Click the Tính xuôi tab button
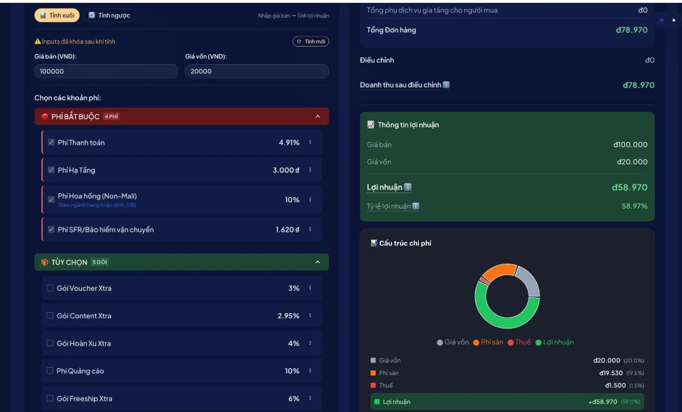click(x=57, y=15)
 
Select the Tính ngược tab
click(x=110, y=15)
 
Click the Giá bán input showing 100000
click(x=106, y=72)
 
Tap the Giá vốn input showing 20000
click(x=256, y=72)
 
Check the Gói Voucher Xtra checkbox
click(x=50, y=288)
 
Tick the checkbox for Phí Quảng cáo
click(x=50, y=371)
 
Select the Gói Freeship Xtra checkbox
click(x=50, y=398)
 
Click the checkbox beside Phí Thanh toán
click(x=51, y=143)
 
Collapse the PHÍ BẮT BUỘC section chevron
click(x=318, y=116)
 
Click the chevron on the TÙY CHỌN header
click(x=318, y=262)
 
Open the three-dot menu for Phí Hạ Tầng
click(x=310, y=170)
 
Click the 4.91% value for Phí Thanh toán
click(x=289, y=143)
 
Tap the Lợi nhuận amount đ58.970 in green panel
click(x=629, y=188)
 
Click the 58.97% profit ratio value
click(x=634, y=206)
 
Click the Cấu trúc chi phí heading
click(x=405, y=243)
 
